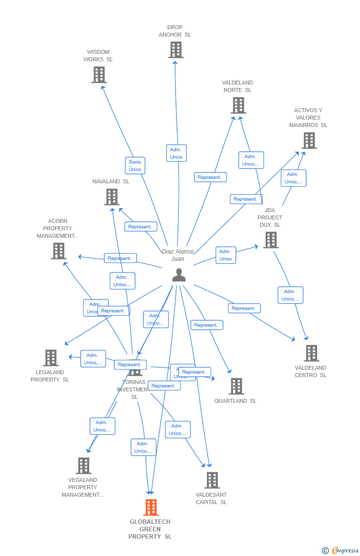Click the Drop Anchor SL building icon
pos(176,50)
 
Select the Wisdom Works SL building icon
pos(99,75)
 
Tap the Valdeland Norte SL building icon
pos(238,105)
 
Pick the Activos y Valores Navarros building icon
pos(309,140)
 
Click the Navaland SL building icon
pos(112,197)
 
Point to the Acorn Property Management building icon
pos(58,251)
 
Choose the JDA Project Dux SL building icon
pos(270,240)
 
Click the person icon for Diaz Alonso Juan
pos(179,275)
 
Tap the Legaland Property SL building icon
pos(50,357)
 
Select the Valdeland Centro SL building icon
pos(311,353)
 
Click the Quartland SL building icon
pos(236,386)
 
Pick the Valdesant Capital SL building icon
pos(212,480)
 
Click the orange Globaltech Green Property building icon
pos(151,507)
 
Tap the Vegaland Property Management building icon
pos(84,466)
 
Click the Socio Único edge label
pos(135,166)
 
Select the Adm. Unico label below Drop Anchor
pos(176,153)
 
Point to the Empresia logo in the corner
pos(340,550)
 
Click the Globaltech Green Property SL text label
pos(150,529)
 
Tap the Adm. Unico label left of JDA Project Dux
pos(225,255)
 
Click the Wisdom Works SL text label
pos(98,56)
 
